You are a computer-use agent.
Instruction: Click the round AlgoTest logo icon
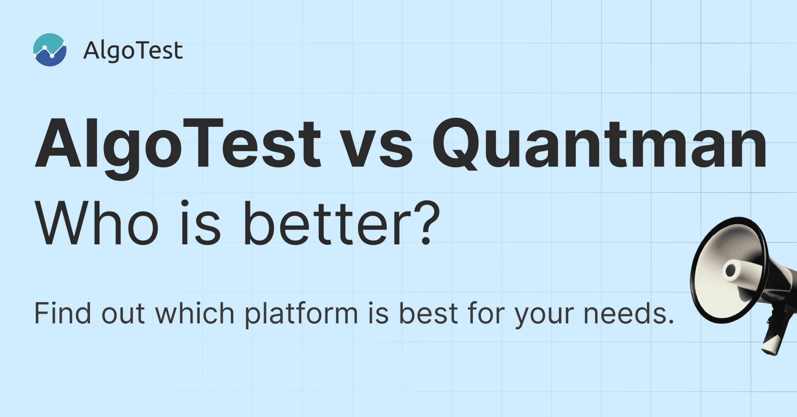pos(50,50)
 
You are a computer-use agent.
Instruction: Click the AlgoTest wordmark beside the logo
pos(133,51)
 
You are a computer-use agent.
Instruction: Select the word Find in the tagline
pos(63,313)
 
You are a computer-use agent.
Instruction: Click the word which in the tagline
pos(195,313)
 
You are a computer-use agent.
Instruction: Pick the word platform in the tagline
pos(301,315)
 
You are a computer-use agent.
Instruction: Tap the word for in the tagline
pos(486,313)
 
